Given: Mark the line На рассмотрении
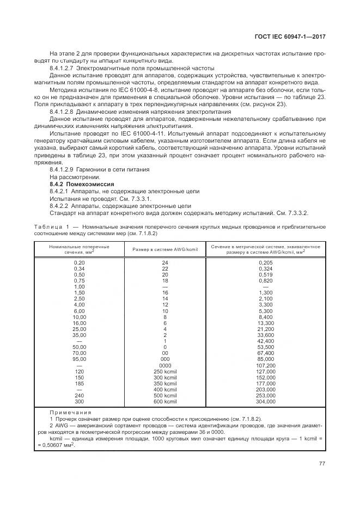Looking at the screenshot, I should [x=75, y=177].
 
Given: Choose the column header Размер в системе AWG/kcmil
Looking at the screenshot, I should [x=165, y=249].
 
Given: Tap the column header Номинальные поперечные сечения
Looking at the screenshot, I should [x=80, y=249].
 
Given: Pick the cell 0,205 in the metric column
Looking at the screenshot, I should [x=265, y=262].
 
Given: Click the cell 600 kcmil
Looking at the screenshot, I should [x=165, y=402].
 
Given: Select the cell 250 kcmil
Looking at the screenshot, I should [x=165, y=371].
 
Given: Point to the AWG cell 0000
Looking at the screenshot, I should [x=165, y=365].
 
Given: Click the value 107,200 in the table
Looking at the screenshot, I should [x=265, y=365].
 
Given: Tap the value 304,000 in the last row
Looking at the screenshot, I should [x=265, y=402].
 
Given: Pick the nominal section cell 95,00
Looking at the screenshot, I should [x=80, y=359].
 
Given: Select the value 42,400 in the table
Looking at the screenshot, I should [x=265, y=341].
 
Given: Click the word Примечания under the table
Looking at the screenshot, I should [x=71, y=413].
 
